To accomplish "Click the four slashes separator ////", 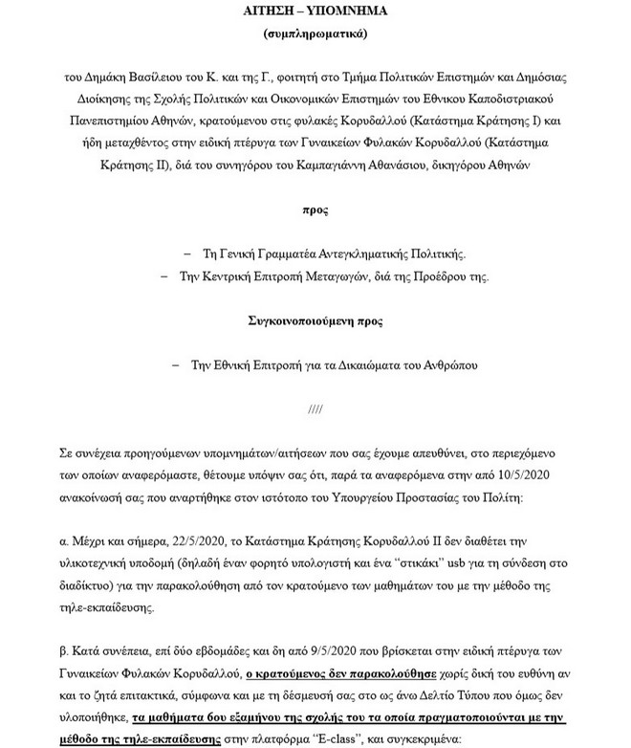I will (x=315, y=408).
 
